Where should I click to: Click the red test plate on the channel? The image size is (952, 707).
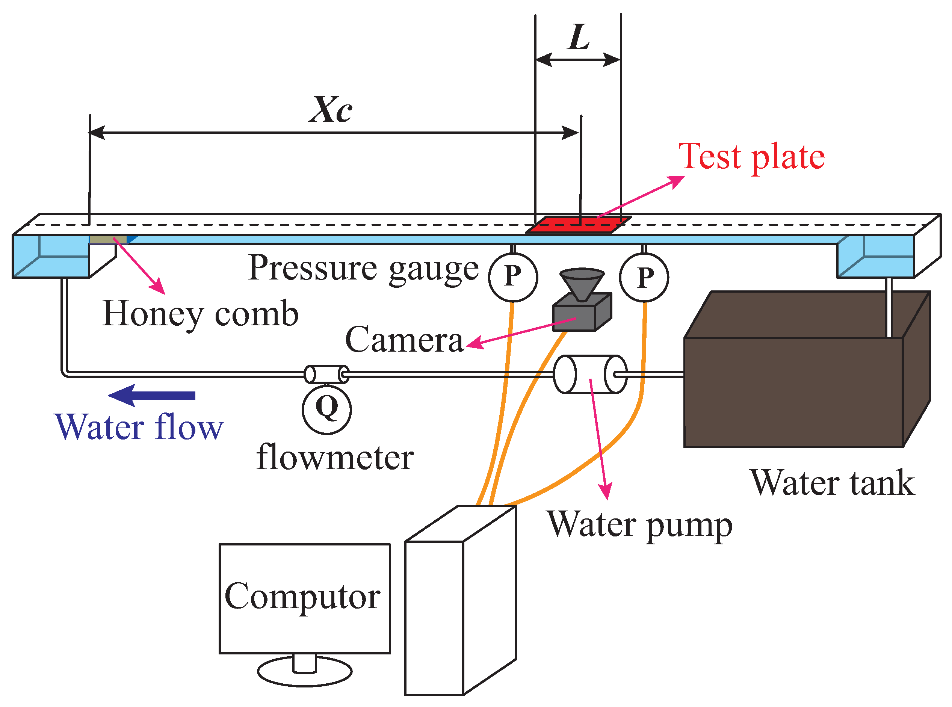click(x=578, y=225)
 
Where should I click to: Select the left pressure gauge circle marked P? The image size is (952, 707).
click(x=513, y=277)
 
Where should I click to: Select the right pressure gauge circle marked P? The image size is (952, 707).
click(x=644, y=277)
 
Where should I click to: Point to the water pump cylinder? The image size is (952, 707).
click(x=590, y=374)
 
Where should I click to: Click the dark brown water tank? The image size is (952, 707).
click(x=807, y=370)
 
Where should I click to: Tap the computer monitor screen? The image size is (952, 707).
click(x=305, y=599)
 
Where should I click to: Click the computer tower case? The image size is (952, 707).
click(x=460, y=600)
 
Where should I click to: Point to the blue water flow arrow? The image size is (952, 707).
click(x=152, y=395)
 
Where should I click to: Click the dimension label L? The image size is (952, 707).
click(x=579, y=37)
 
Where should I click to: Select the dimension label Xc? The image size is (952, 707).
click(x=331, y=110)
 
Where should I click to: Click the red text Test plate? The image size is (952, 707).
click(x=752, y=157)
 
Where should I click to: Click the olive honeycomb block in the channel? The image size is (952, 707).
click(x=108, y=239)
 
